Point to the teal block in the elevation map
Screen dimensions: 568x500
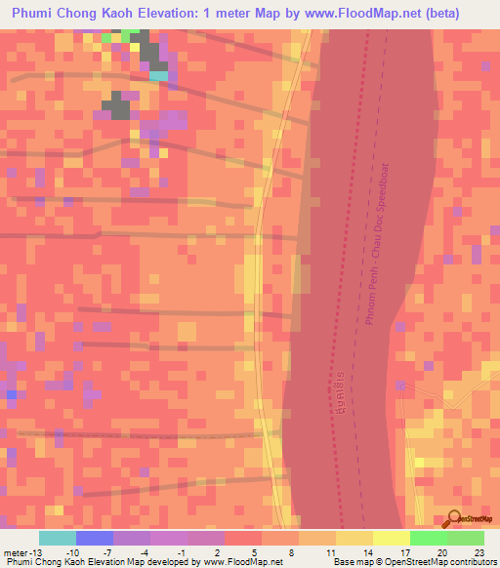tap(158, 74)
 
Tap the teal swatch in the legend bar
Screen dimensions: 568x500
tap(58, 538)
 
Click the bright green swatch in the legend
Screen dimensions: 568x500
tap(429, 538)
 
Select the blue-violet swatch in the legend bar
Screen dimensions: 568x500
tap(95, 538)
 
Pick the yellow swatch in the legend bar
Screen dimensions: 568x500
tap(354, 538)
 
